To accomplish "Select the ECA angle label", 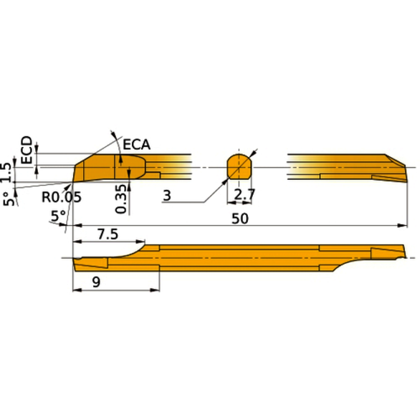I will [x=135, y=145].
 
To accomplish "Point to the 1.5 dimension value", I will [x=6, y=172].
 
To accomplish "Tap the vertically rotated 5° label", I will [x=8, y=199].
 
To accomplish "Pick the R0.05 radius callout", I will [x=61, y=195].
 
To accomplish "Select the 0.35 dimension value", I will [x=121, y=199].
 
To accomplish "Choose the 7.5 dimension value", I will [x=108, y=235].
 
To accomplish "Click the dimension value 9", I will [x=97, y=284].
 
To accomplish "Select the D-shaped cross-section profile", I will [x=239, y=166].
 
